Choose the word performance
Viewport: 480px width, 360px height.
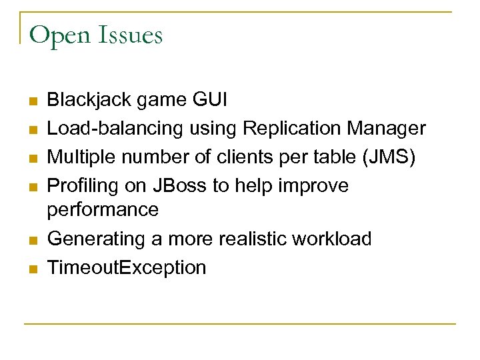tap(103, 210)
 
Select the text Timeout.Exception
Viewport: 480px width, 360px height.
tap(127, 267)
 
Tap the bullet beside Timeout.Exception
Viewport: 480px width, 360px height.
tap(31, 269)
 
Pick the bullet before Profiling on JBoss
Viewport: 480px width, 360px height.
tap(31, 187)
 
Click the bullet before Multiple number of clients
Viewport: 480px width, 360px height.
tap(31, 159)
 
